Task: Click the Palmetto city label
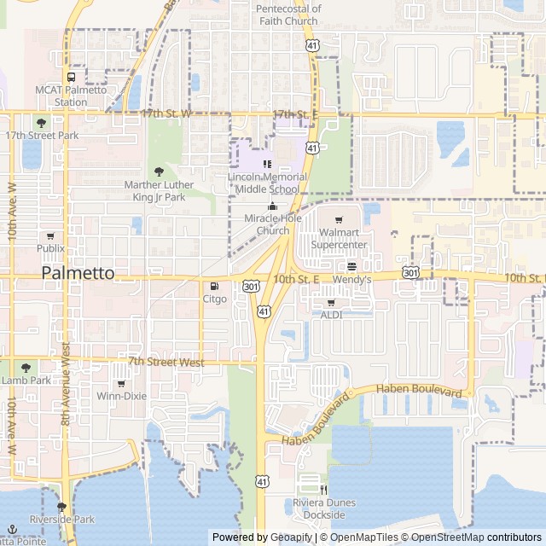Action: [78, 273]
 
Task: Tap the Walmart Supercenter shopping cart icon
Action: [339, 220]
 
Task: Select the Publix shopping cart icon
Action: [50, 235]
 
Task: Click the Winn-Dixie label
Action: [121, 396]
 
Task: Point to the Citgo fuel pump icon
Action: [214, 286]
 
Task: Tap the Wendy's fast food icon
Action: [351, 266]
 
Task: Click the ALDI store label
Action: [331, 315]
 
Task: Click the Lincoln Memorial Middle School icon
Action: [267, 164]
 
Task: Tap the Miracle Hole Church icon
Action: [273, 206]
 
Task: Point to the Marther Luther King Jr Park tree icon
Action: [158, 171]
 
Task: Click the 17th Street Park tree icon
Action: [41, 123]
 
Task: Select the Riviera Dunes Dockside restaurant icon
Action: [324, 490]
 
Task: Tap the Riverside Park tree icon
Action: [61, 506]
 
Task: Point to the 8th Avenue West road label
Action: [65, 384]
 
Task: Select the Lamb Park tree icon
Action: [25, 367]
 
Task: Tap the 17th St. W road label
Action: [162, 113]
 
